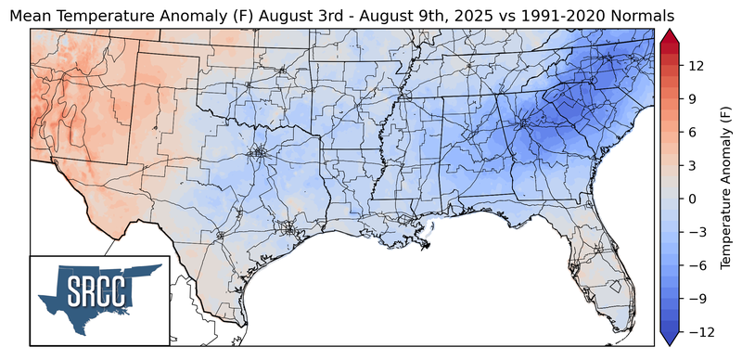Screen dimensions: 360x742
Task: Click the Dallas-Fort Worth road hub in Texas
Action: pyautogui.click(x=259, y=151)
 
